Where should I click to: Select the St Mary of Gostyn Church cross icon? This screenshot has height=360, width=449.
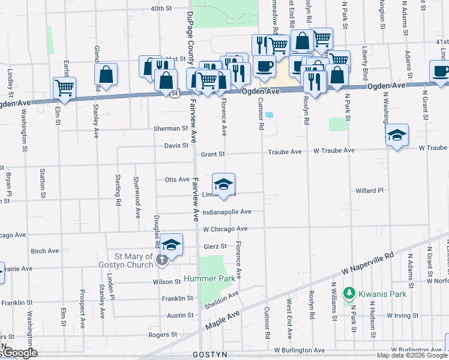161,260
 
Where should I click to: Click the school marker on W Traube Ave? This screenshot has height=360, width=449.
397,135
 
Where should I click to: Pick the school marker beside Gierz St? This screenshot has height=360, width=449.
171,245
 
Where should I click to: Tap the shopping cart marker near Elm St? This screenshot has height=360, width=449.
64,87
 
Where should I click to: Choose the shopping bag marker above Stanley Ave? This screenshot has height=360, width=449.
106,74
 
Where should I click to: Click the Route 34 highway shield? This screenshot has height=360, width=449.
174,94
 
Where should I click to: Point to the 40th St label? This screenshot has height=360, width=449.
161,9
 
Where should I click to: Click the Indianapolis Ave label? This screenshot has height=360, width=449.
227,212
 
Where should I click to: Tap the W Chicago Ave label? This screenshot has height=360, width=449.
225,229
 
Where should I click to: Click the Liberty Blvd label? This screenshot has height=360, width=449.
364,62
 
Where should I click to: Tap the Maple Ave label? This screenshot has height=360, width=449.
222,319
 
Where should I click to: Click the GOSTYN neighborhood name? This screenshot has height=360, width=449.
209,355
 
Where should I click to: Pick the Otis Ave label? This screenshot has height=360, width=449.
177,179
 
